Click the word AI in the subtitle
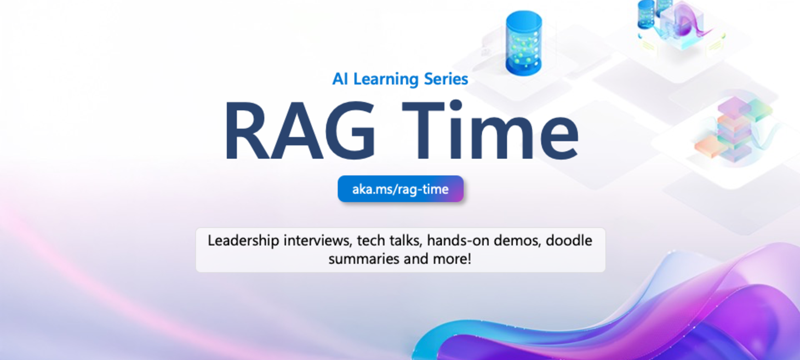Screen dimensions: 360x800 pos(340,79)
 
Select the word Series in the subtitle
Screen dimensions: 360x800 pos(446,79)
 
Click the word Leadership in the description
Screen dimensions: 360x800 pos(243,241)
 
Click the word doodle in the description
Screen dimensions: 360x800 pos(569,241)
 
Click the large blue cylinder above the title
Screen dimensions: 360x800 pos(523,43)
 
